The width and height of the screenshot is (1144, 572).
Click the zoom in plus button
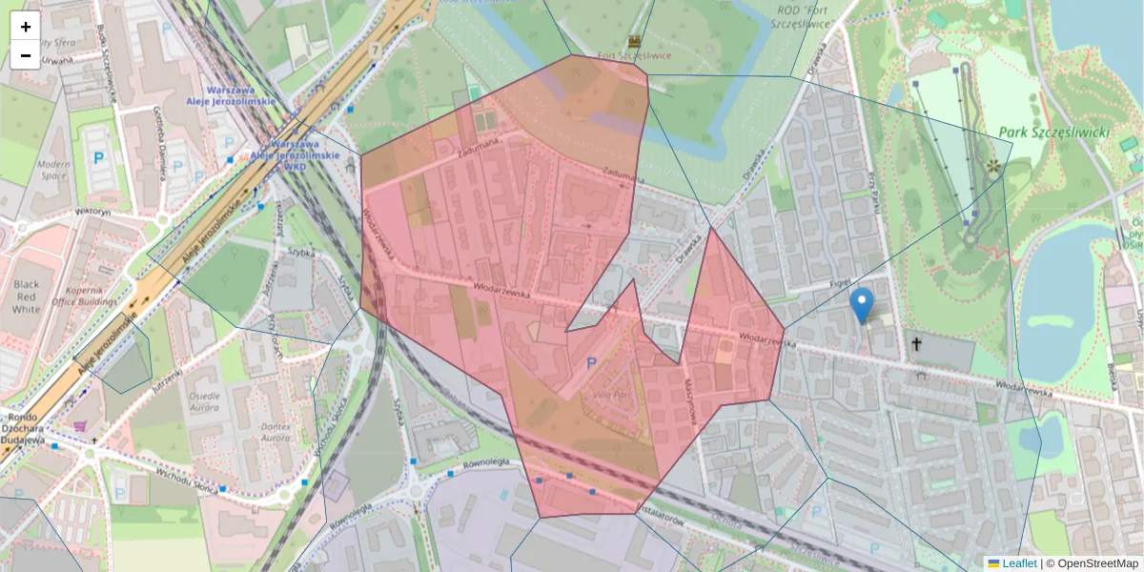click(x=26, y=27)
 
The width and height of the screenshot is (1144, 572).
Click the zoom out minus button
click(x=26, y=55)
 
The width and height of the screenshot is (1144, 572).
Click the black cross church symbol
click(x=917, y=344)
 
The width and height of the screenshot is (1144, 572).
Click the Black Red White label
click(x=26, y=296)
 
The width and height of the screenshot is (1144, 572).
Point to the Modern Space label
click(x=53, y=170)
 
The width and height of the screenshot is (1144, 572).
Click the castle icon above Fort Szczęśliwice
click(x=636, y=41)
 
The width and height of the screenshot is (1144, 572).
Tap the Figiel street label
click(x=838, y=283)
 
